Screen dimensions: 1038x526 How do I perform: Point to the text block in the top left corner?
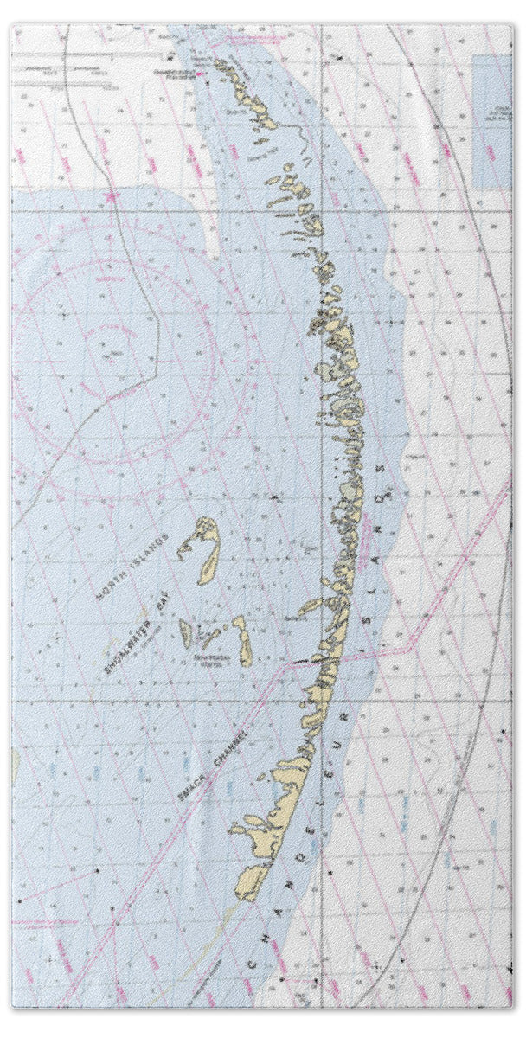click(69, 74)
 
